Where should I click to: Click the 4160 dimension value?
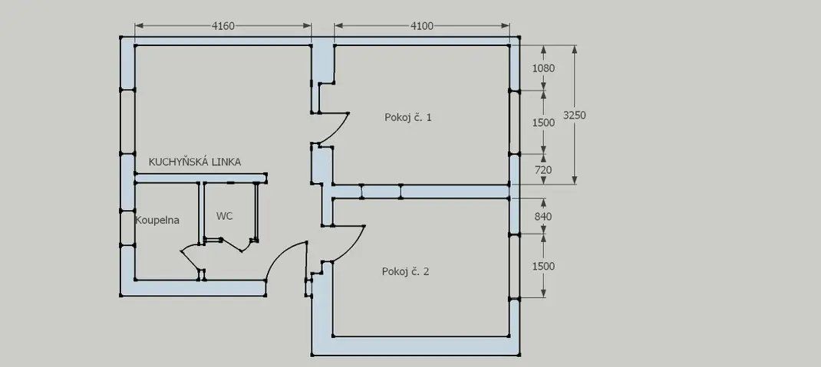tap(223, 26)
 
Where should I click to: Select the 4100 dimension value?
tap(422, 26)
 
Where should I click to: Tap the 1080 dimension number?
tap(543, 68)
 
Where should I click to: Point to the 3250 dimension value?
tap(575, 116)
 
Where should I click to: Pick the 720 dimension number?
tap(543, 170)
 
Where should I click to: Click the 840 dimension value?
tap(543, 216)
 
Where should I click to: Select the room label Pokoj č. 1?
tap(408, 118)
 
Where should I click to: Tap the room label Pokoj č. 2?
tap(405, 272)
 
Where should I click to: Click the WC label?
tap(225, 215)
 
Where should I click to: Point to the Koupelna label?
tap(157, 220)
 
